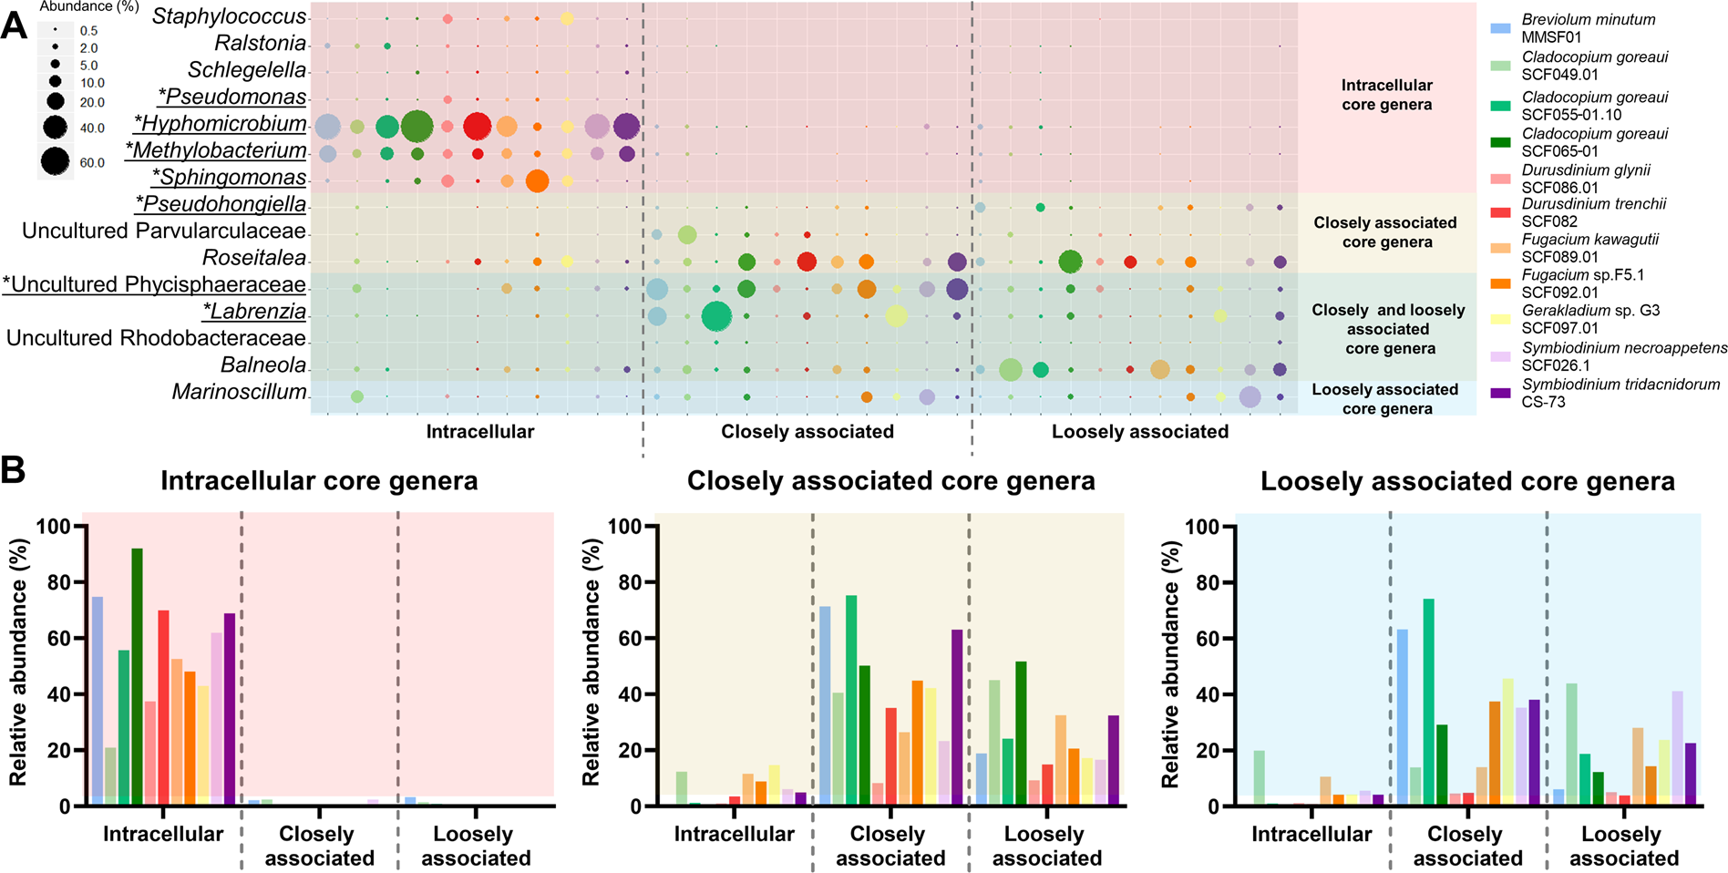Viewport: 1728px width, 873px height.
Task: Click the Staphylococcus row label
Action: (229, 16)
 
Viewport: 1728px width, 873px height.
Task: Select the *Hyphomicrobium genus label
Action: (221, 124)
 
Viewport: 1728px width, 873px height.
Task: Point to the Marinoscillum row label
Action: (239, 392)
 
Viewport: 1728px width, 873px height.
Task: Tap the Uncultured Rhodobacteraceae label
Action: (156, 339)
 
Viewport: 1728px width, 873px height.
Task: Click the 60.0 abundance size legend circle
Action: (55, 161)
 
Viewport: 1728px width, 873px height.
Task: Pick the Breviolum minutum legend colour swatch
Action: (1500, 28)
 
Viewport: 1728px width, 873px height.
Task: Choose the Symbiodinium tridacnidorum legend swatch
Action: (1500, 393)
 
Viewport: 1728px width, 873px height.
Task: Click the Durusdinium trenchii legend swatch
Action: (1500, 212)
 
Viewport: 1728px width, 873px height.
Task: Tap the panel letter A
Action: (14, 26)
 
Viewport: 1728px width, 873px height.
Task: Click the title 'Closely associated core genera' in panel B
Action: (890, 481)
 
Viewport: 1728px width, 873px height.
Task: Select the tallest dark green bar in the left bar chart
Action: (137, 676)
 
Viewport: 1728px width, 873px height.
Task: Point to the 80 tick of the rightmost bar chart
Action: (1209, 582)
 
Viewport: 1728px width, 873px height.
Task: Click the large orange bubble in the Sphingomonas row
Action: (537, 180)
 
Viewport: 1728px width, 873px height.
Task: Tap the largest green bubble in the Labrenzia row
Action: (716, 316)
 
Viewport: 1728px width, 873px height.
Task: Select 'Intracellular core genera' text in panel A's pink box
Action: (1386, 95)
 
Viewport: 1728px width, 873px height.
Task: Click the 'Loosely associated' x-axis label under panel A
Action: (1139, 432)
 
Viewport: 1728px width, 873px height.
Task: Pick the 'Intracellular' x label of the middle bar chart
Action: (734, 834)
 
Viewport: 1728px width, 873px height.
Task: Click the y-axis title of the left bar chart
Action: (18, 662)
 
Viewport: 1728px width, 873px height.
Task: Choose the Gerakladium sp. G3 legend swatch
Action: (1500, 320)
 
